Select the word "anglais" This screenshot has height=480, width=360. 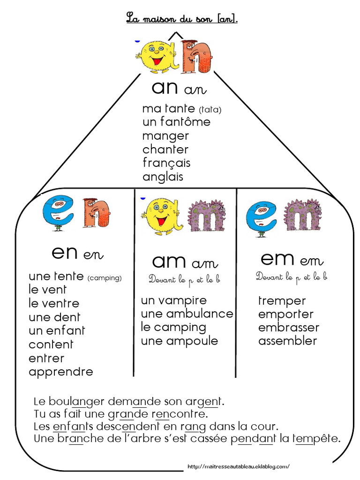[163, 177]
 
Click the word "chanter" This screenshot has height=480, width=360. [165, 150]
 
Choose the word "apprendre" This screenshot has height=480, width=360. [61, 372]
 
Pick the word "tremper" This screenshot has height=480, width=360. [282, 300]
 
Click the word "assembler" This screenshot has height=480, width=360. [287, 341]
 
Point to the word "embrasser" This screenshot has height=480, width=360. [288, 327]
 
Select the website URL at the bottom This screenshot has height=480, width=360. [238, 466]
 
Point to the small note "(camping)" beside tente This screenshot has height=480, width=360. [104, 278]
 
